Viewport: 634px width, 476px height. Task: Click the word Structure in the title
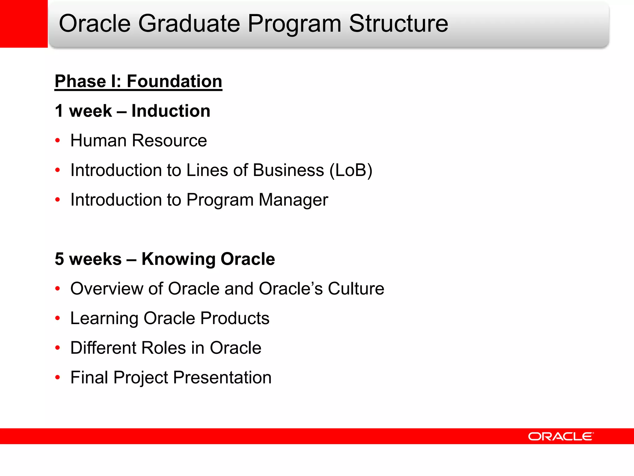pyautogui.click(x=398, y=24)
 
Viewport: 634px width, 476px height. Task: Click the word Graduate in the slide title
pyautogui.click(x=189, y=24)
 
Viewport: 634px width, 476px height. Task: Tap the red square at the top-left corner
pyautogui.click(x=24, y=24)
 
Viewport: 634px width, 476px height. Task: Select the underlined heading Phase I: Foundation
pyautogui.click(x=138, y=82)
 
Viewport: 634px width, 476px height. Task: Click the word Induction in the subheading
pyautogui.click(x=171, y=111)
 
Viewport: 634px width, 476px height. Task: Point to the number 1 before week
pyautogui.click(x=59, y=111)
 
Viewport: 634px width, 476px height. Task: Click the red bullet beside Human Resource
pyautogui.click(x=58, y=141)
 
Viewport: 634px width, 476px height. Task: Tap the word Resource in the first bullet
pyautogui.click(x=169, y=141)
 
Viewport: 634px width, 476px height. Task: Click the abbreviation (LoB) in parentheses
pyautogui.click(x=351, y=170)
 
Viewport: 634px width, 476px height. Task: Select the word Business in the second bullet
pyautogui.click(x=288, y=170)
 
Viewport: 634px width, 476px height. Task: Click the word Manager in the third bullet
pyautogui.click(x=293, y=200)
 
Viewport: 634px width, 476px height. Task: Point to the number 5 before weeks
pyautogui.click(x=59, y=259)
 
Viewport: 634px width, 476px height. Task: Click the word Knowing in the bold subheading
pyautogui.click(x=178, y=259)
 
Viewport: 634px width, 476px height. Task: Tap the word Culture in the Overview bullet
pyautogui.click(x=356, y=289)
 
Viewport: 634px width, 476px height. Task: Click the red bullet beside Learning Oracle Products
pyautogui.click(x=58, y=318)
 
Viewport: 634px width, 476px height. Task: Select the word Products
pyautogui.click(x=235, y=318)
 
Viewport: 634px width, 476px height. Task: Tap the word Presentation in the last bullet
pyautogui.click(x=222, y=377)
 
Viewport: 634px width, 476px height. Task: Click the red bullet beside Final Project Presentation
pyautogui.click(x=58, y=377)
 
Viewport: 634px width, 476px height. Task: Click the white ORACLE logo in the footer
pyautogui.click(x=561, y=436)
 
